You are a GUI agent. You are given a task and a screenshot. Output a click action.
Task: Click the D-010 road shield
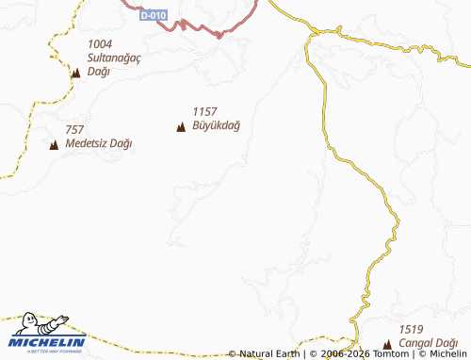(x=152, y=16)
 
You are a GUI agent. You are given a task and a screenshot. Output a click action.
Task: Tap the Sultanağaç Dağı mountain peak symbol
(x=75, y=72)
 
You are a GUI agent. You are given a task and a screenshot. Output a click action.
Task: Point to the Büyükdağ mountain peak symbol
(x=181, y=126)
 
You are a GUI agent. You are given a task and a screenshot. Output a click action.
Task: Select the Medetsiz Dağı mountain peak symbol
(x=54, y=144)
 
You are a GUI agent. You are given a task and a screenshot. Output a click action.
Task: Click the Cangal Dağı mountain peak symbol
(x=387, y=344)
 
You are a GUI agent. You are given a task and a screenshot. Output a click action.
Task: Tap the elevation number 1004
(x=99, y=44)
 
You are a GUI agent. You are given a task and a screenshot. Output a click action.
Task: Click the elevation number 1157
(x=204, y=111)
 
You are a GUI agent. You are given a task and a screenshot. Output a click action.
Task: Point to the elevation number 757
(x=75, y=130)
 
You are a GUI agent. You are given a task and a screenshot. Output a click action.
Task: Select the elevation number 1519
(x=410, y=329)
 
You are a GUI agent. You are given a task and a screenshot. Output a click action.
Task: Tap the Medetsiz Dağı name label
(x=99, y=144)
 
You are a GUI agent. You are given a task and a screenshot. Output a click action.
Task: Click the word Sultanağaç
(x=113, y=57)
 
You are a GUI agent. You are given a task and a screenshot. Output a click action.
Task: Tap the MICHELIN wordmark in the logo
(x=48, y=341)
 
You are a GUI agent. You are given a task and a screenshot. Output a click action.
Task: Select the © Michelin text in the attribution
(x=442, y=354)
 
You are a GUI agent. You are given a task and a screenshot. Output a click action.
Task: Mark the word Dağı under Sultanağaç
(x=98, y=72)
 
